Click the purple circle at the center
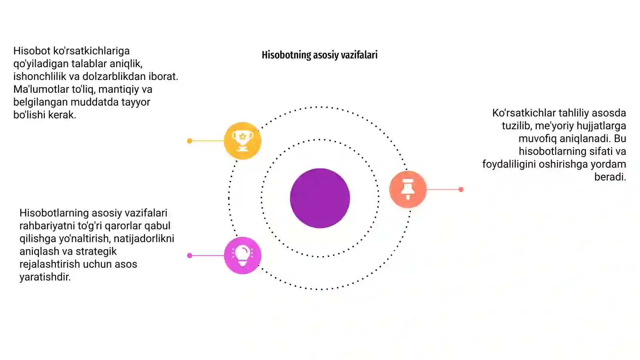(x=320, y=198)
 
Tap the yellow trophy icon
(x=242, y=140)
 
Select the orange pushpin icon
(x=408, y=189)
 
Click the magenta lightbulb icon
(x=242, y=256)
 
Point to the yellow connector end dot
(x=190, y=141)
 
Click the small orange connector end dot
(x=461, y=190)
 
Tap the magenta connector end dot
(x=190, y=256)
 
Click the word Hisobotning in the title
(x=286, y=55)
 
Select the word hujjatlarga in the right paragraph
(x=601, y=126)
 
